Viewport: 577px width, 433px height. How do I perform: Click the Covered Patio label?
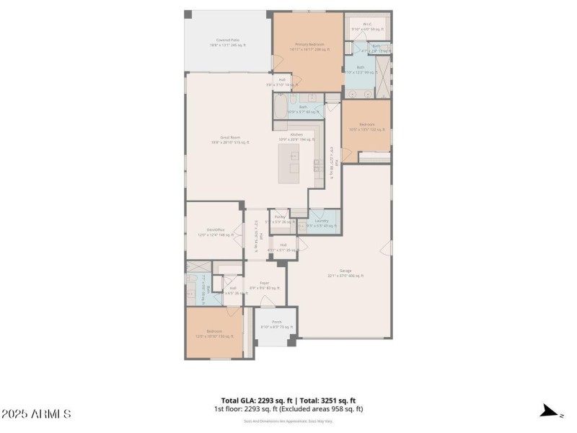228,42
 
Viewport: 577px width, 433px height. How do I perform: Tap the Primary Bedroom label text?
307,46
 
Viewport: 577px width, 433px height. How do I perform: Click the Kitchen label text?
296,136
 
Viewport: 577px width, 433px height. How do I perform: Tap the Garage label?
345,273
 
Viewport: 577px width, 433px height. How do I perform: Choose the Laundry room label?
322,222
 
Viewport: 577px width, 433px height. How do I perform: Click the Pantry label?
281,218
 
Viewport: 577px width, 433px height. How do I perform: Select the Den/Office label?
214,232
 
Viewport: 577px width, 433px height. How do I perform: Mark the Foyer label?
265,286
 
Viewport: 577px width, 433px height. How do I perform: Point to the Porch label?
276,324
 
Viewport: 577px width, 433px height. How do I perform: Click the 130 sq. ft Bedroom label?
214,333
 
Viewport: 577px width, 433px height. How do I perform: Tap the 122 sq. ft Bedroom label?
367,127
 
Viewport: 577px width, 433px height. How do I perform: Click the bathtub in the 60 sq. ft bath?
279,110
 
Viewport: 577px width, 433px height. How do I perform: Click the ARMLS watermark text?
36,414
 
